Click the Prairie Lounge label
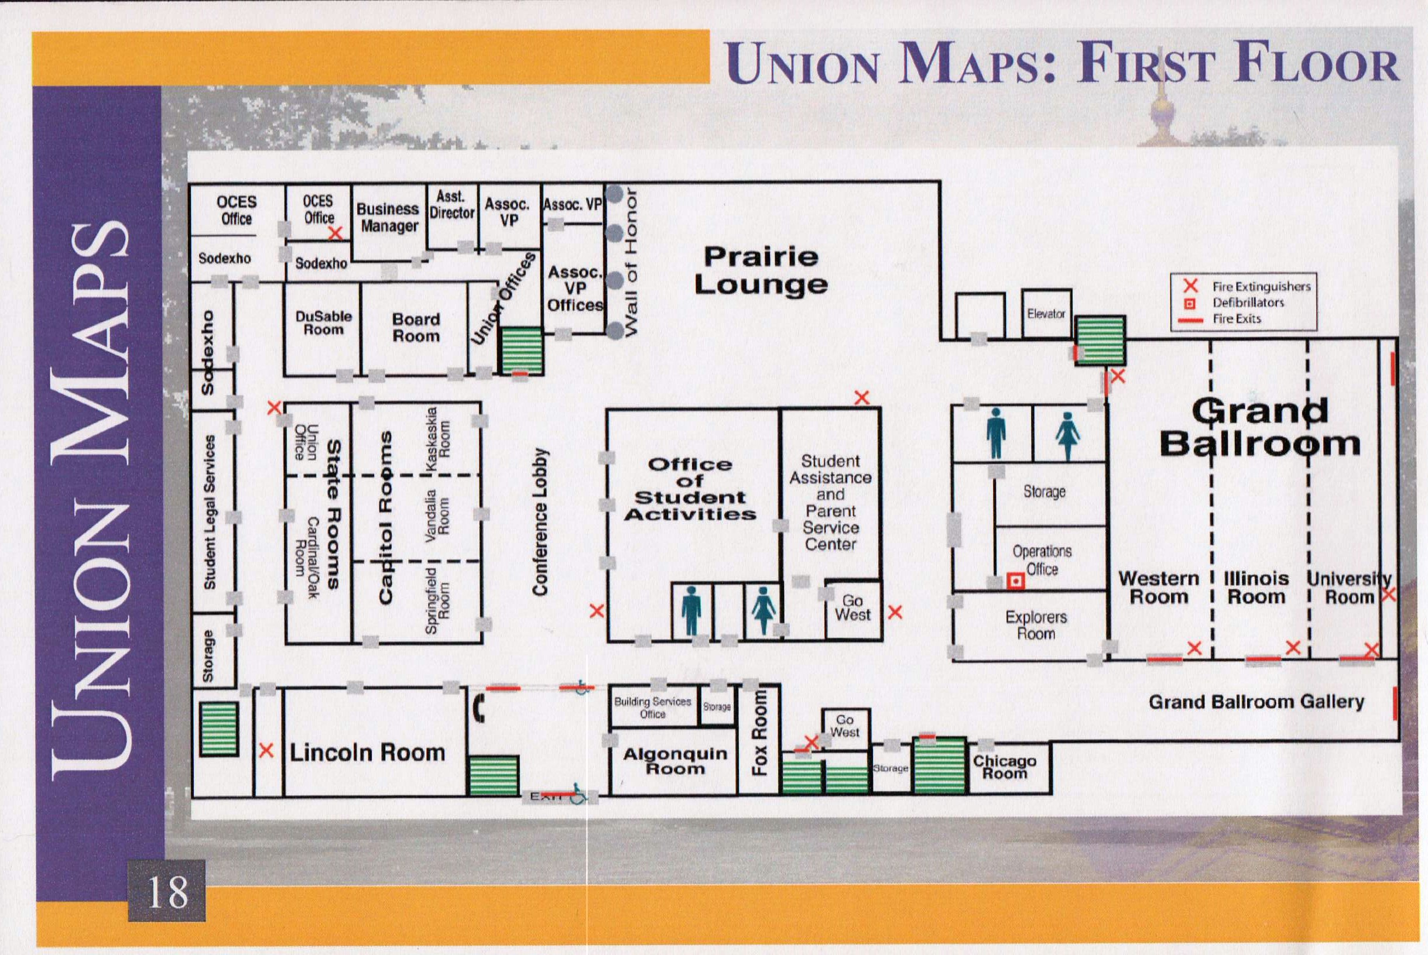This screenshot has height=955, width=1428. pyautogui.click(x=761, y=270)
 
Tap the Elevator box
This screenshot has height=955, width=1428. pyautogui.click(x=1046, y=314)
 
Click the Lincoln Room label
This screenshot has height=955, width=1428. pyautogui.click(x=367, y=753)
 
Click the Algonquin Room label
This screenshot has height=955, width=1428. pyautogui.click(x=675, y=761)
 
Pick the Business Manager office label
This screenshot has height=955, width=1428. pyautogui.click(x=388, y=218)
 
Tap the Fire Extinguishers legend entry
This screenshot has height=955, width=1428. pyautogui.click(x=1246, y=286)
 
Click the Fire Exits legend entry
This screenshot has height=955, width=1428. pyautogui.click(x=1221, y=319)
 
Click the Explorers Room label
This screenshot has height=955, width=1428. pyautogui.click(x=1036, y=625)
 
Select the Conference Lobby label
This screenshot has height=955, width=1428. pyautogui.click(x=540, y=522)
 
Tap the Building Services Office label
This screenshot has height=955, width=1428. pyautogui.click(x=652, y=707)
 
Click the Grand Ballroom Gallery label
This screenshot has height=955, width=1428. pyautogui.click(x=1256, y=702)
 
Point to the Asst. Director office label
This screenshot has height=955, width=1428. pyautogui.click(x=451, y=205)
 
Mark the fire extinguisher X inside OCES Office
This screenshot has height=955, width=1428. pyautogui.click(x=335, y=233)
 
